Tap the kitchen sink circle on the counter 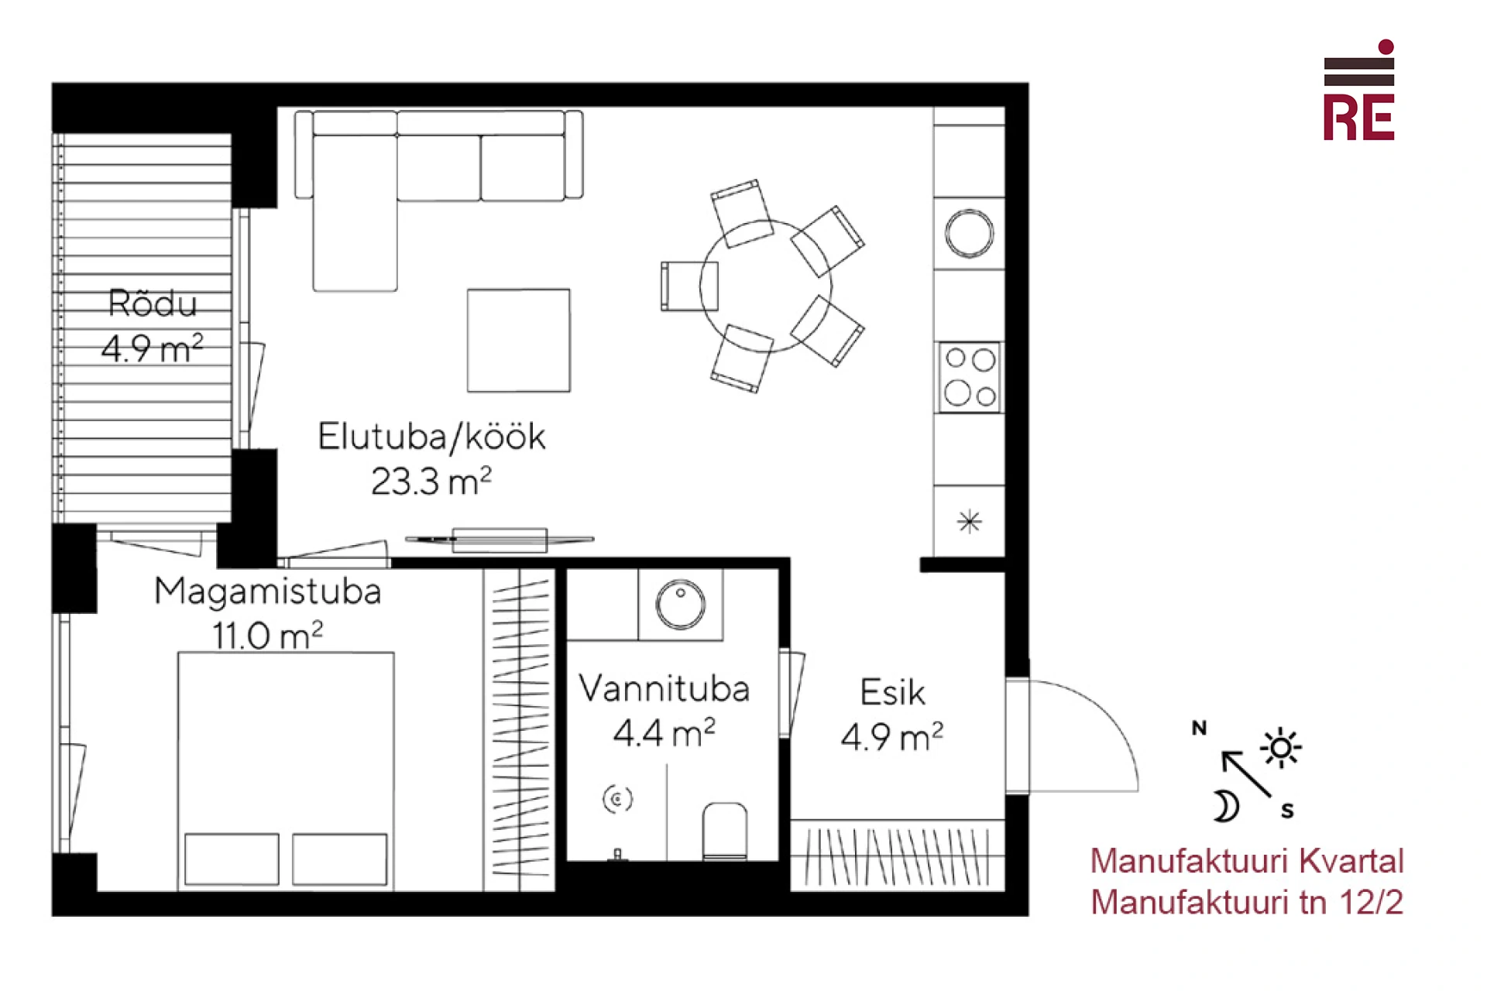click(969, 233)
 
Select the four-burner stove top click(970, 377)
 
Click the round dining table click(766, 286)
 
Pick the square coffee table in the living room click(519, 341)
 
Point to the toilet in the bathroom click(725, 832)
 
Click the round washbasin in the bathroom click(681, 604)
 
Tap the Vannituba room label click(665, 688)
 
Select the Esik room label click(892, 692)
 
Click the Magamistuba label click(268, 592)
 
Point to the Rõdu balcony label click(153, 303)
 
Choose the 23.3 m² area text click(431, 482)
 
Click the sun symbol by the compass click(1280, 748)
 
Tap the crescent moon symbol click(1226, 806)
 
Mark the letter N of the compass click(1199, 728)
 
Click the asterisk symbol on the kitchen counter click(970, 522)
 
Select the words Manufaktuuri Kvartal click(1247, 861)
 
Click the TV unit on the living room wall click(500, 540)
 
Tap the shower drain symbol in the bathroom click(617, 798)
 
